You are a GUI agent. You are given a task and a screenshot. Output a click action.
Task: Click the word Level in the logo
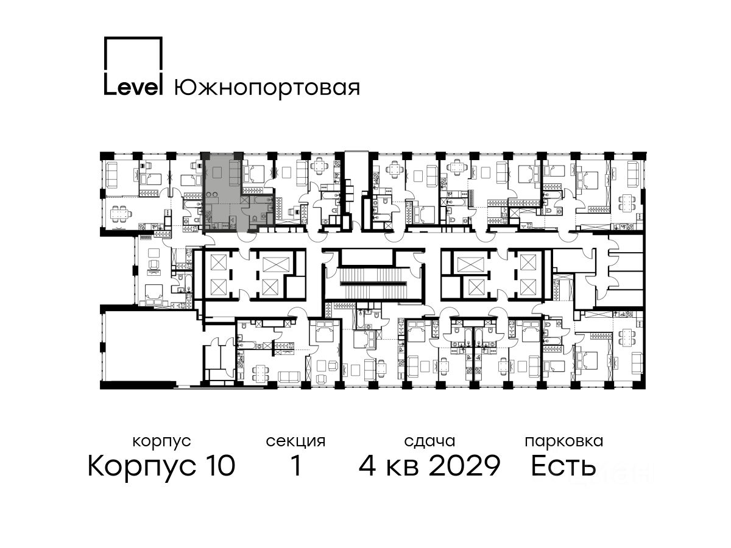(133, 87)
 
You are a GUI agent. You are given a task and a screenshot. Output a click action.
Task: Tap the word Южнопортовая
(267, 89)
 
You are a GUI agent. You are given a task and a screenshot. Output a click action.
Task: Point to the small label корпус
(162, 442)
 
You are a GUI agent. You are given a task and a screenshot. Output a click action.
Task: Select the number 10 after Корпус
(219, 466)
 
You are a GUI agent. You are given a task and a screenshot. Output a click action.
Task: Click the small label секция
(295, 442)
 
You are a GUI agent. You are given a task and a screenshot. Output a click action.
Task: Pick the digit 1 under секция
(296, 466)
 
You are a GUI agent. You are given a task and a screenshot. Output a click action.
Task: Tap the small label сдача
(429, 441)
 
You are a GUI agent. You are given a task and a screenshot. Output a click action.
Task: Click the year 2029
(465, 466)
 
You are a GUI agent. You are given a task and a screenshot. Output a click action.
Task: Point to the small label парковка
(564, 442)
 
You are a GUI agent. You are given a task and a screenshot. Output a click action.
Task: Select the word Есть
(563, 466)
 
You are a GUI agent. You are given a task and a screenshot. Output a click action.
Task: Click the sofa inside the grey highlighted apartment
(235, 174)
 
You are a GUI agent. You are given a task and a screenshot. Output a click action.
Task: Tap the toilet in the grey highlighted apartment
(254, 219)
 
